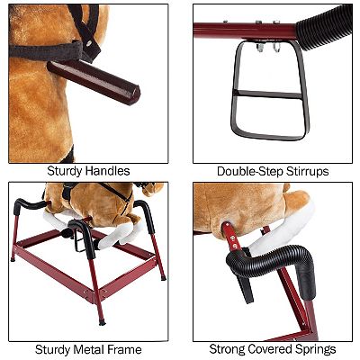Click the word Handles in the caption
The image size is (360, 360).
(x=107, y=171)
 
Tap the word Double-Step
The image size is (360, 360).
(x=250, y=172)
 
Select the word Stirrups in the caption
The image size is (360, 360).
(x=307, y=172)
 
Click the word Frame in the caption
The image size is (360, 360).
(x=124, y=349)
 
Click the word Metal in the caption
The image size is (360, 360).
(x=89, y=349)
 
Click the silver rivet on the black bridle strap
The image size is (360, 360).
(x=89, y=43)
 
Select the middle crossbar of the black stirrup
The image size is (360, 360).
(x=267, y=94)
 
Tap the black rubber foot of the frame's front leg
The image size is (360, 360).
(x=103, y=323)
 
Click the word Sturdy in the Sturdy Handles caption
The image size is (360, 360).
(x=65, y=171)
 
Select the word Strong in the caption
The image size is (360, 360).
(x=227, y=350)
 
